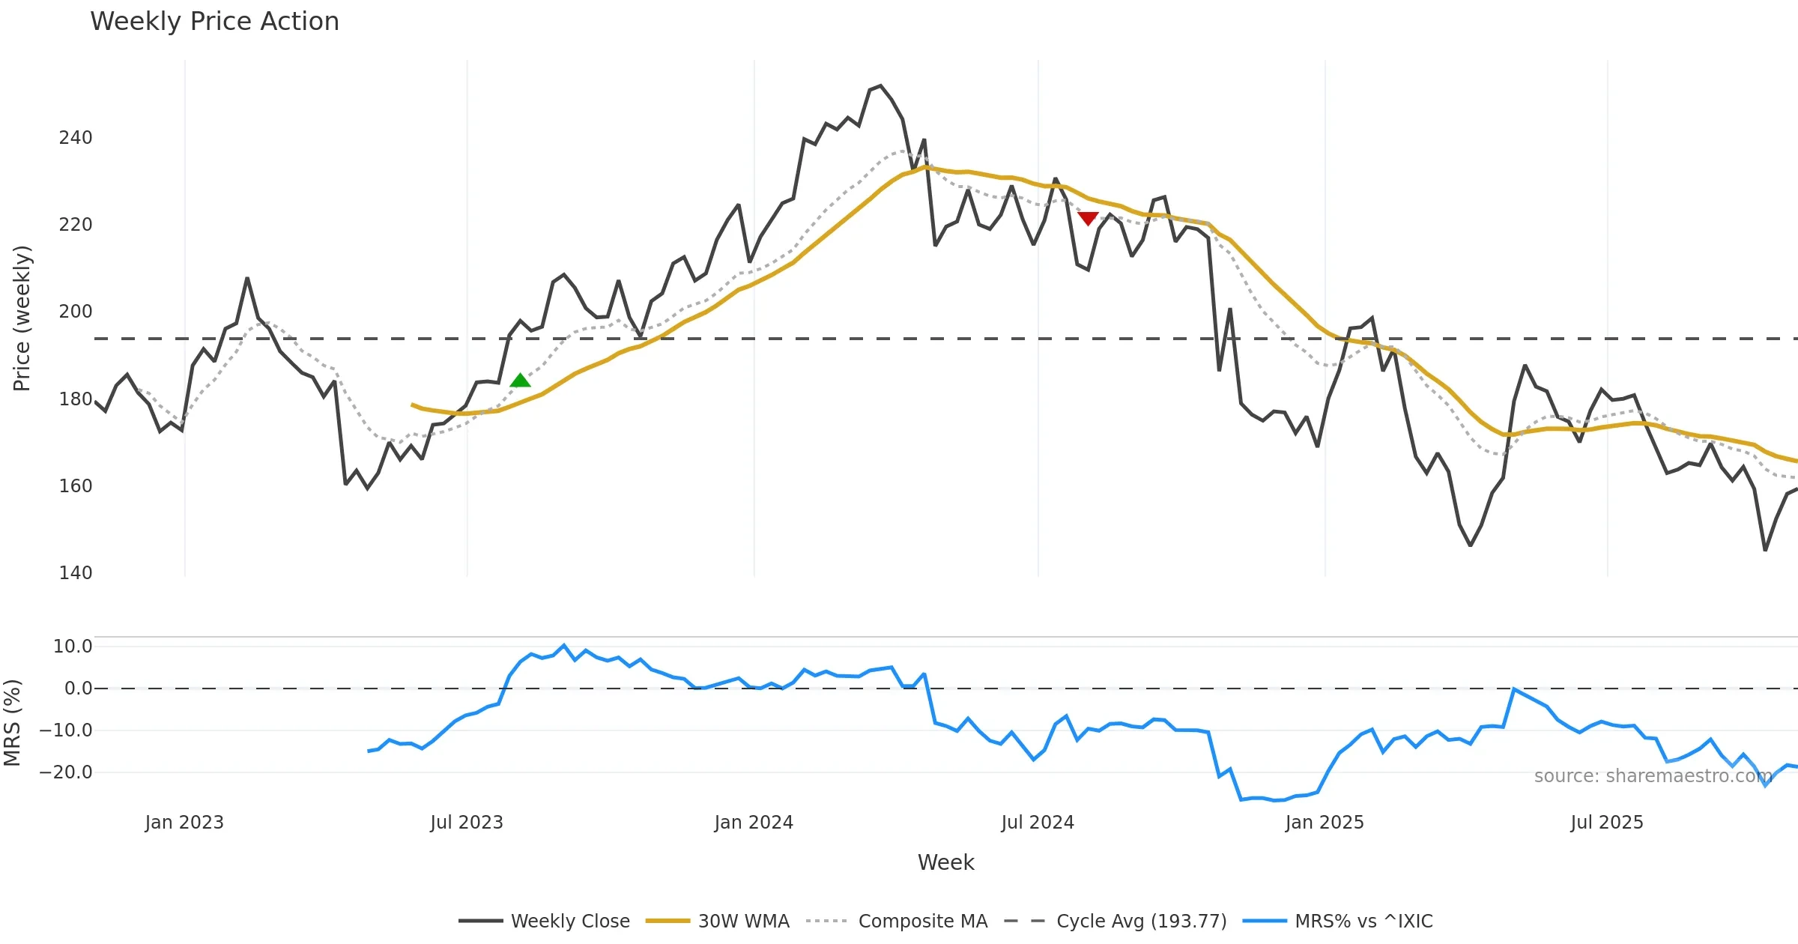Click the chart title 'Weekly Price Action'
(x=214, y=22)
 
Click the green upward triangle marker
(x=520, y=381)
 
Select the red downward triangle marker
(x=1088, y=218)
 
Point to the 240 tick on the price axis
(x=76, y=138)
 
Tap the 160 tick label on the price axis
(x=76, y=486)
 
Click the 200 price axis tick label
(x=76, y=312)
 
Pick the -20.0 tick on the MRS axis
(x=66, y=772)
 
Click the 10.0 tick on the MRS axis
(x=72, y=647)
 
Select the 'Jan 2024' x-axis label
(x=754, y=823)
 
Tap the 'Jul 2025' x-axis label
(x=1607, y=823)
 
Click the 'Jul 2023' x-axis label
(x=467, y=823)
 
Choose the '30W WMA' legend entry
(x=743, y=921)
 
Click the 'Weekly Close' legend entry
(x=570, y=921)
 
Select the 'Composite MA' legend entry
(x=922, y=921)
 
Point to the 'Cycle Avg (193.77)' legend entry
(x=1141, y=921)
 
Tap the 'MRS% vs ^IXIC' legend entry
(x=1363, y=921)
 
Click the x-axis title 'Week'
(x=945, y=863)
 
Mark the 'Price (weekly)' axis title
(x=22, y=318)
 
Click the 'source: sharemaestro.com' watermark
(x=1653, y=776)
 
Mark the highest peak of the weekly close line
(x=880, y=86)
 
